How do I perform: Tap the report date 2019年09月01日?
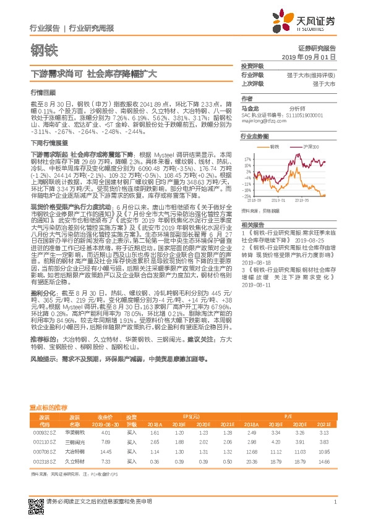(312, 56)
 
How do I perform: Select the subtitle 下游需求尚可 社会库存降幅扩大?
(94, 73)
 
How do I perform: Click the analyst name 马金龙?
(249, 107)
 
